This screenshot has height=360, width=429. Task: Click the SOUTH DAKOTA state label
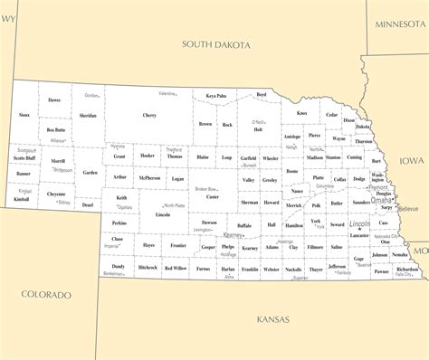(216, 43)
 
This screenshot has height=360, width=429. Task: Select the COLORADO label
(46, 295)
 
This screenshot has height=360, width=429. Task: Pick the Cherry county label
(149, 115)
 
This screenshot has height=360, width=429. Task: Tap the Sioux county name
(24, 115)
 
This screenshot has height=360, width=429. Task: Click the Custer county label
(213, 196)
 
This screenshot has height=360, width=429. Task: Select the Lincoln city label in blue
(359, 223)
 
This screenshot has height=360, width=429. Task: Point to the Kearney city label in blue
(233, 234)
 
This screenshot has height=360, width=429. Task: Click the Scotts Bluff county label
(24, 158)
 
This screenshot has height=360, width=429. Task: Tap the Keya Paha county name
(215, 95)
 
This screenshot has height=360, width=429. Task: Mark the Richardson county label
(407, 270)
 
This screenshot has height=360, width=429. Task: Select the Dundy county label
(119, 267)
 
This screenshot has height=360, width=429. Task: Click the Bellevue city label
(408, 208)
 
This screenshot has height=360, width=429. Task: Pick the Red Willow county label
(176, 269)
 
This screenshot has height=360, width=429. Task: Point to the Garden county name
(89, 172)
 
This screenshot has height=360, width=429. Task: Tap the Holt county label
(258, 129)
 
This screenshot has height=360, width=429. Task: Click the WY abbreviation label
(9, 6)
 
